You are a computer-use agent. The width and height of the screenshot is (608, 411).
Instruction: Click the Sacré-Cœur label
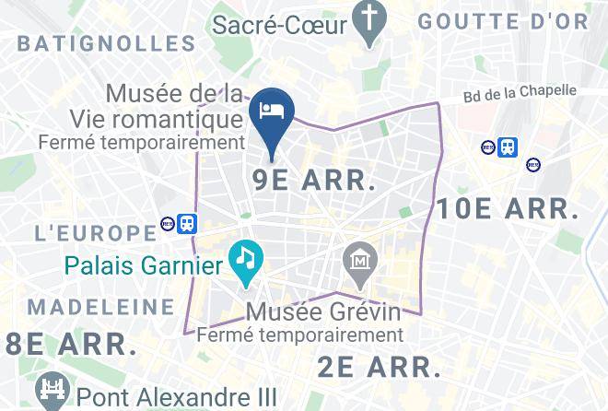279,24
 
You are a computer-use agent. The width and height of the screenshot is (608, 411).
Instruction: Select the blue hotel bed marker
272,112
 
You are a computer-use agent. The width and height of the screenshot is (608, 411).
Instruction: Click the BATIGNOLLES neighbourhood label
107,43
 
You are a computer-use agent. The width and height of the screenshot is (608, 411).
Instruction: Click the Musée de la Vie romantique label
174,107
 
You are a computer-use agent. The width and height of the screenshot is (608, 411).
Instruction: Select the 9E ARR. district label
313,180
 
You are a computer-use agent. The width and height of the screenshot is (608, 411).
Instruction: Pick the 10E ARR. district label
508,209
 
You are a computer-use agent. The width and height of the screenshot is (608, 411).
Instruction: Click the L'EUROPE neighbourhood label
95,232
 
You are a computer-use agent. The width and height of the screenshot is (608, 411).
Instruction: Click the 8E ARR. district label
67,345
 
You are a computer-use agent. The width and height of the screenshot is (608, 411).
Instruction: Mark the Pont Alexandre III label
177,397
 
